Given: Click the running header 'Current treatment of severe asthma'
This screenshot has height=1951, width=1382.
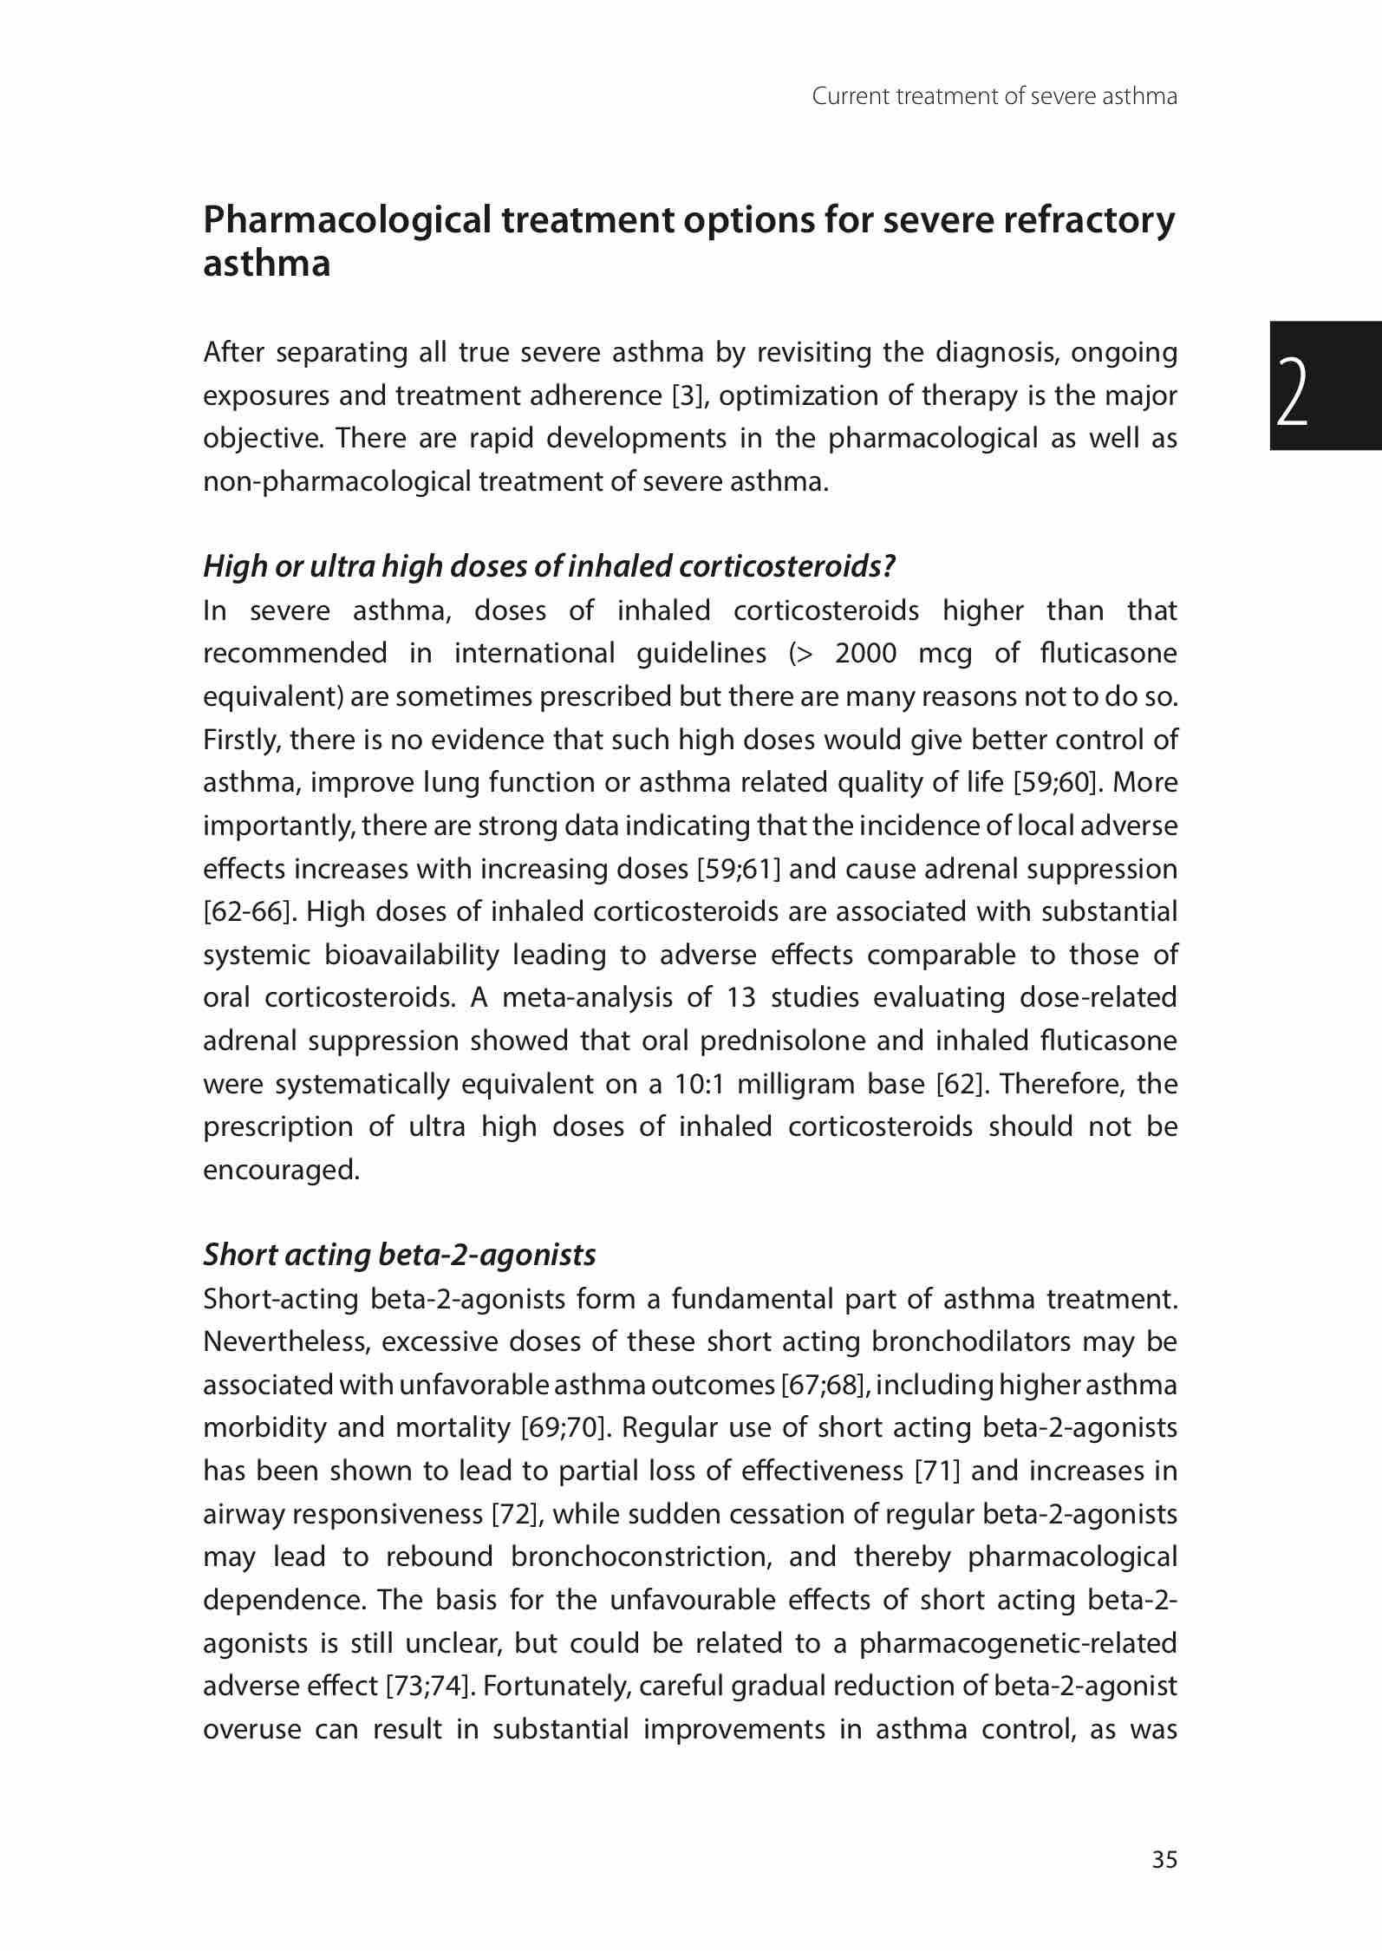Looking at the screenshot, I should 994,96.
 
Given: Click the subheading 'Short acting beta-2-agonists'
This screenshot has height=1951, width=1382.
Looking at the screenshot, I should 400,1255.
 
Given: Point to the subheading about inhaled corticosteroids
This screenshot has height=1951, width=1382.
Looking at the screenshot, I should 549,566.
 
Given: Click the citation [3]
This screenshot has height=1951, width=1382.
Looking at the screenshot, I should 691,395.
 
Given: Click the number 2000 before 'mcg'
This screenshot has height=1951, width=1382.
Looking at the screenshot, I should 865,653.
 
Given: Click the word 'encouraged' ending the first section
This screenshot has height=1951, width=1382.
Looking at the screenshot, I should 279,1171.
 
